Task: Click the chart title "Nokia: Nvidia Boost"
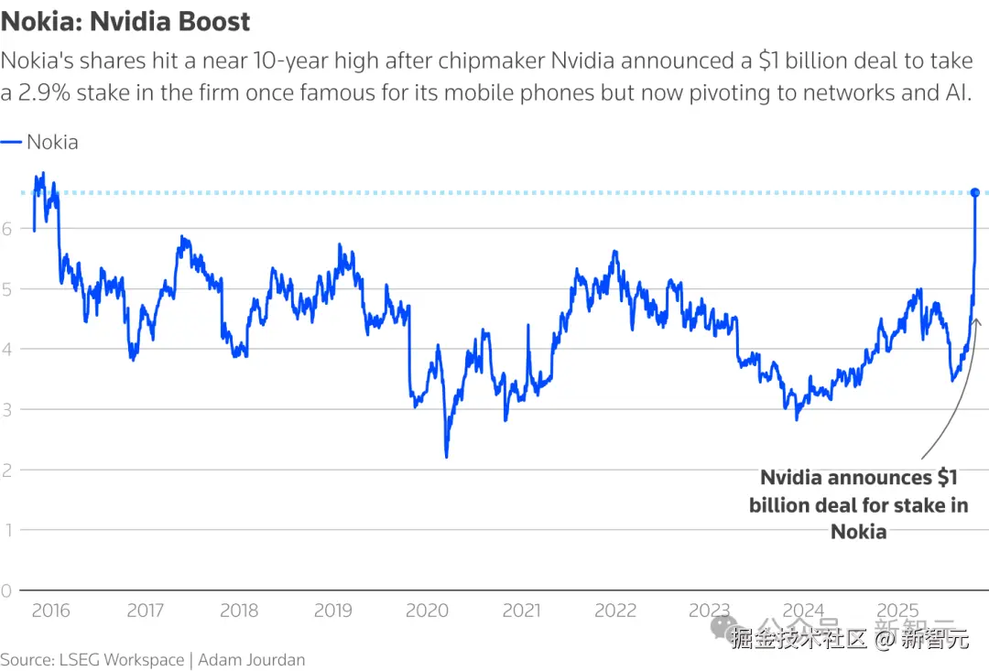(125, 21)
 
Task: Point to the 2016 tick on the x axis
(50, 611)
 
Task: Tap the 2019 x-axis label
(333, 611)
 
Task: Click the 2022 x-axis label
(615, 611)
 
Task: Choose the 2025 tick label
(897, 611)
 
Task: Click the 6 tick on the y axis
(6, 229)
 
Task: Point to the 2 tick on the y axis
(6, 470)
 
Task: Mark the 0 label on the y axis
(6, 590)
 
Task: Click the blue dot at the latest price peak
(975, 192)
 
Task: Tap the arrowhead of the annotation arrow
(976, 320)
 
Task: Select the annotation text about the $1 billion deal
(858, 504)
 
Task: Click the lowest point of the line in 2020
(446, 457)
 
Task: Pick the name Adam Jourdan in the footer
(252, 659)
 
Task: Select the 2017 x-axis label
(145, 611)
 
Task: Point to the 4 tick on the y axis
(6, 349)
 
